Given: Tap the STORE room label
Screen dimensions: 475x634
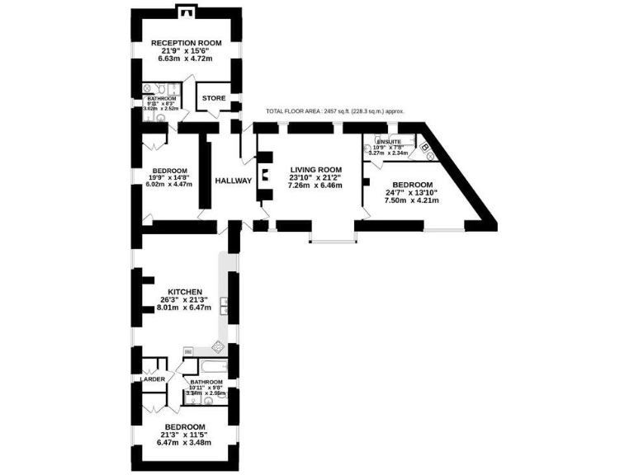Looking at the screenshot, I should click(215, 98).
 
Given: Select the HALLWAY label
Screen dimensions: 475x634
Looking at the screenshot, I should click(233, 181).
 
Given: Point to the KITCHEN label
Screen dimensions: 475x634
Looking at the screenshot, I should click(186, 292).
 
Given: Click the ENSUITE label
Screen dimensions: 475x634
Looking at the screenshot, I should click(388, 142).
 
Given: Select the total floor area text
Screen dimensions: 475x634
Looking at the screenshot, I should click(335, 111).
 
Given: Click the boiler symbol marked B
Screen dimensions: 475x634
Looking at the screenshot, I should click(426, 148).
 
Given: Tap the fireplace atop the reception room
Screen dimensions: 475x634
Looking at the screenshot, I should click(186, 11).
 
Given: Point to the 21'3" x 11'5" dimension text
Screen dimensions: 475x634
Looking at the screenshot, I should click(186, 435).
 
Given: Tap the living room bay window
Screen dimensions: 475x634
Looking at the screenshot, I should click(333, 242).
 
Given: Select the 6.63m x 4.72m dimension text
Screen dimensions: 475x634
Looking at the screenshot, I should click(186, 60).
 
